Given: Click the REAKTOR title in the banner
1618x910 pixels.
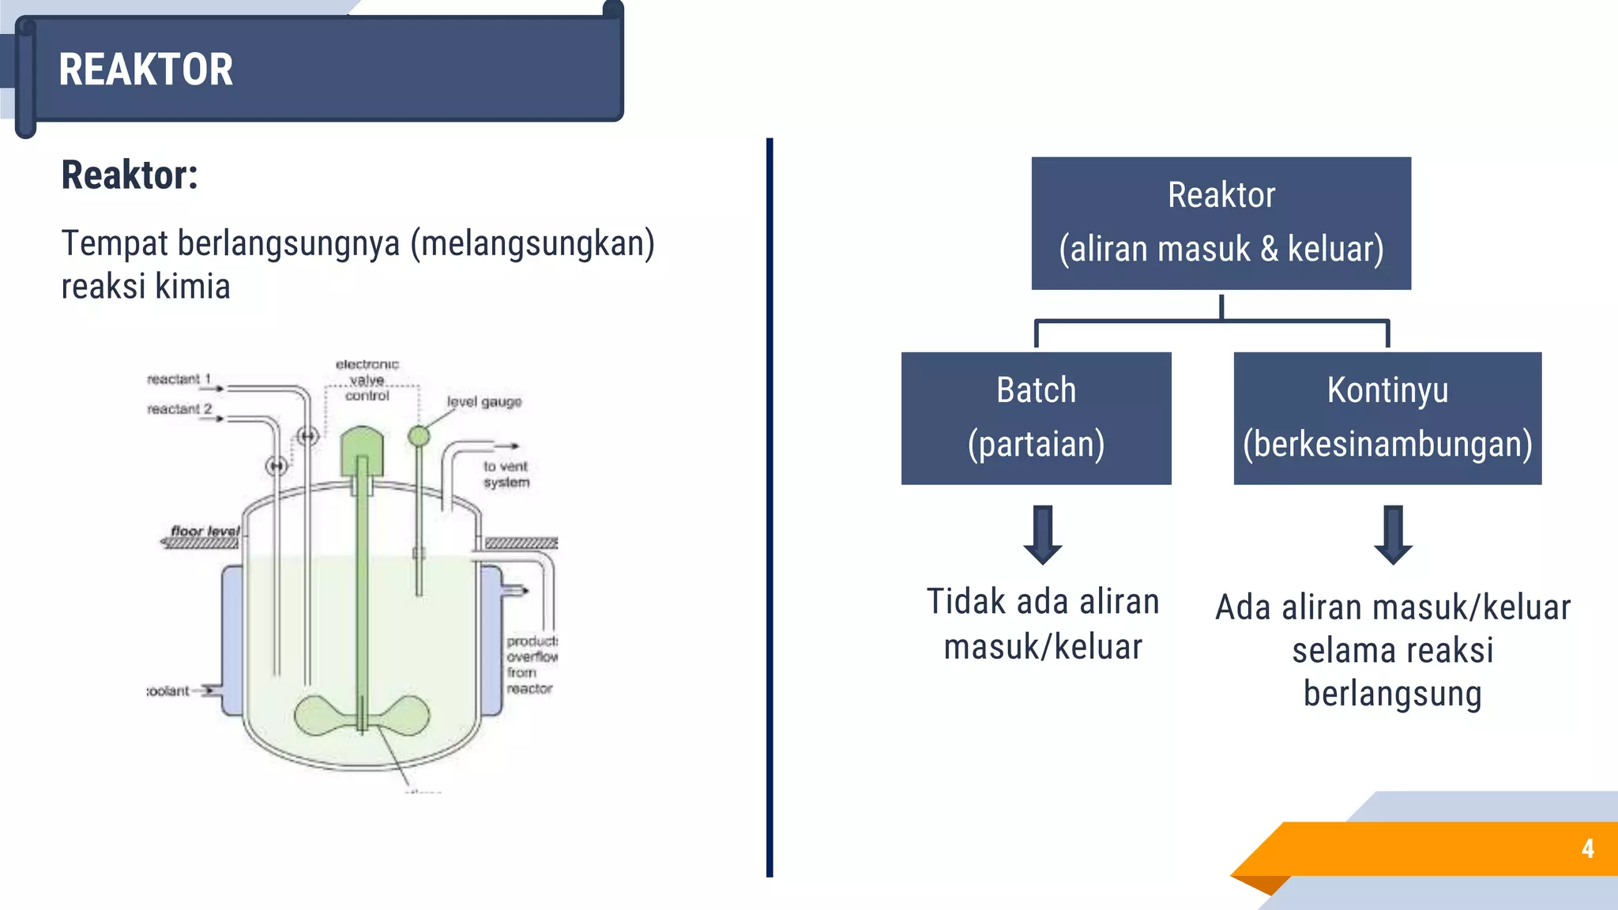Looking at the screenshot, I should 146,70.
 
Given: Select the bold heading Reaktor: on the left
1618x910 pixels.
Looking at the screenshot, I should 130,175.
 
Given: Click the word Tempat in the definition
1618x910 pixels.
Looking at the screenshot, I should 115,243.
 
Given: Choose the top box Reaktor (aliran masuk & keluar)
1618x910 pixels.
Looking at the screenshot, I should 1221,223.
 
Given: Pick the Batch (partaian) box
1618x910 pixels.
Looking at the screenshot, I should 1036,417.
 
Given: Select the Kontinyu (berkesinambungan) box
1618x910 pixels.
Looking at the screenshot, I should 1387,417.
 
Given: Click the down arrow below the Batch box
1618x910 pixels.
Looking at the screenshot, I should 1043,535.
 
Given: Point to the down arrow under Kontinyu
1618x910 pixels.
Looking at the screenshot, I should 1393,535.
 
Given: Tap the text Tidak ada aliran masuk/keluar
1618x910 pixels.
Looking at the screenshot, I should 1043,624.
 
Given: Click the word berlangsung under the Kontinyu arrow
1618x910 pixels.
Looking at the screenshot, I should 1392,694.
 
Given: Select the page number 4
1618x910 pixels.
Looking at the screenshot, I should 1587,848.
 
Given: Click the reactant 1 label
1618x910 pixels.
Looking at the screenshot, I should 179,379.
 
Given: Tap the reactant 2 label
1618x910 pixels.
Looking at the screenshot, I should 179,409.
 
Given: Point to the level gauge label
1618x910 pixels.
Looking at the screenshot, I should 484,402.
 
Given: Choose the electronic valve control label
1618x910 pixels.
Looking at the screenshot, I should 367,380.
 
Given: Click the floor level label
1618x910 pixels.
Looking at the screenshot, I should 205,531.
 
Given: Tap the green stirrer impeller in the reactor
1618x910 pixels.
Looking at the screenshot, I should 362,715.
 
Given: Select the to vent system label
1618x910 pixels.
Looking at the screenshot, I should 506,474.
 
